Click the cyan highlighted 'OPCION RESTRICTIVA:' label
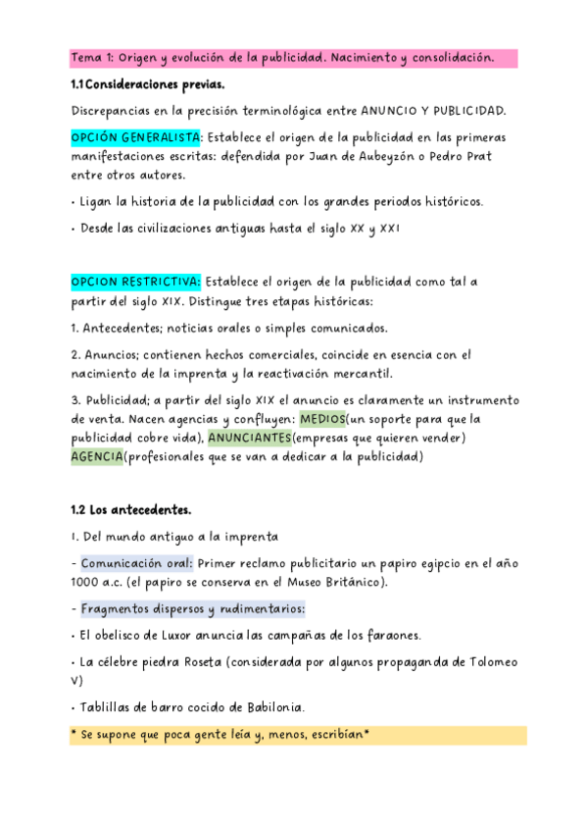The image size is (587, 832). click(x=135, y=283)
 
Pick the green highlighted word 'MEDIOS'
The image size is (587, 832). click(x=327, y=419)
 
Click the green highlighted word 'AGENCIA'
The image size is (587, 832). click(x=98, y=456)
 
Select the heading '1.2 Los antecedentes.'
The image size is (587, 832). click(x=130, y=510)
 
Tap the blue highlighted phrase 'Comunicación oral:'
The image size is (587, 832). click(x=136, y=564)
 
